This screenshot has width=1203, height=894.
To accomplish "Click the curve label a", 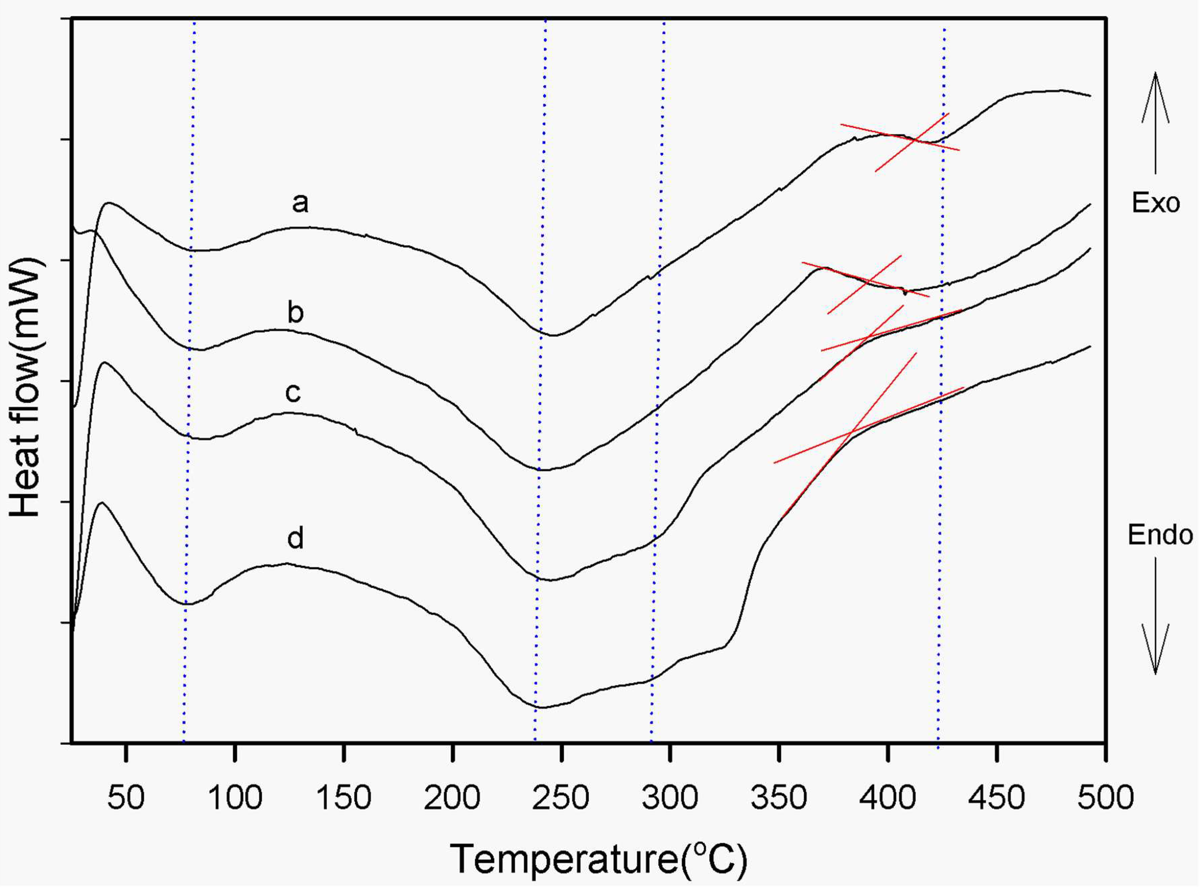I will pos(300,203).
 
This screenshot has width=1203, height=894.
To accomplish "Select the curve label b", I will pos(295,312).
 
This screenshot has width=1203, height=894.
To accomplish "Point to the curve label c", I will pos(293,393).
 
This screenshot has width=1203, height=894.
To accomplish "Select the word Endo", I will pos(1160,535).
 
